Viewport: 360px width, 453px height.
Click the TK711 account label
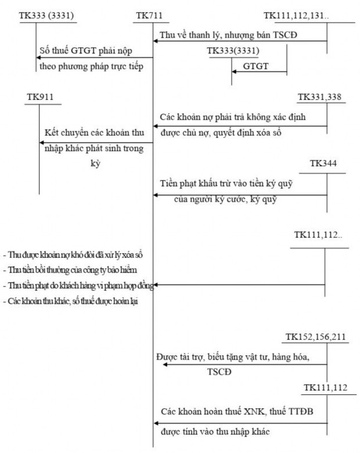tap(149, 14)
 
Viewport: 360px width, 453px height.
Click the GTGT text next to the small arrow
tap(256, 67)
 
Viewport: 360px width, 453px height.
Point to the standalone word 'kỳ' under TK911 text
tap(95, 164)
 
